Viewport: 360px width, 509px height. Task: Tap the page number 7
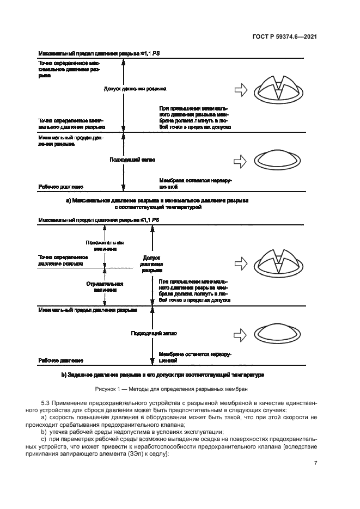click(315, 463)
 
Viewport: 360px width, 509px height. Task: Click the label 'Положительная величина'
click(105, 245)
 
